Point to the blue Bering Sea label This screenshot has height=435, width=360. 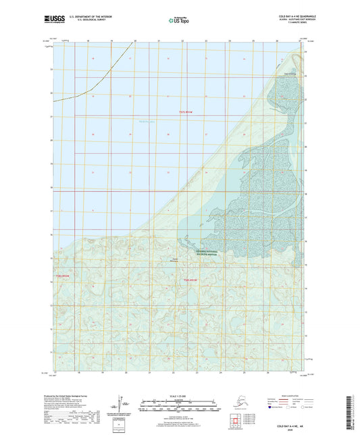147,122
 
